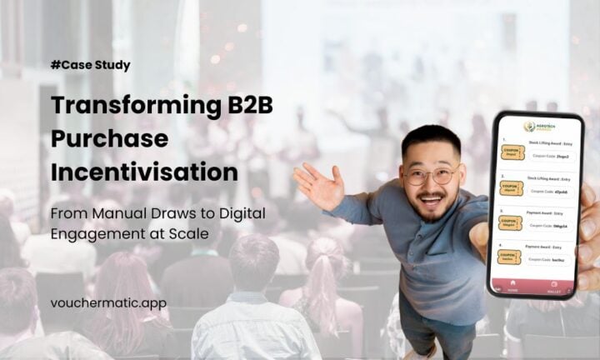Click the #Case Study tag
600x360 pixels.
(x=90, y=64)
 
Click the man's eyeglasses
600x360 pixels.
(x=430, y=174)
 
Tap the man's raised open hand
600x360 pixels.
(x=316, y=186)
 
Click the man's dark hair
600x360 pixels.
(x=430, y=139)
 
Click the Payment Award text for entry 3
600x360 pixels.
(x=547, y=212)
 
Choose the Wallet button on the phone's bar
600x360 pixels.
(x=554, y=290)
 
